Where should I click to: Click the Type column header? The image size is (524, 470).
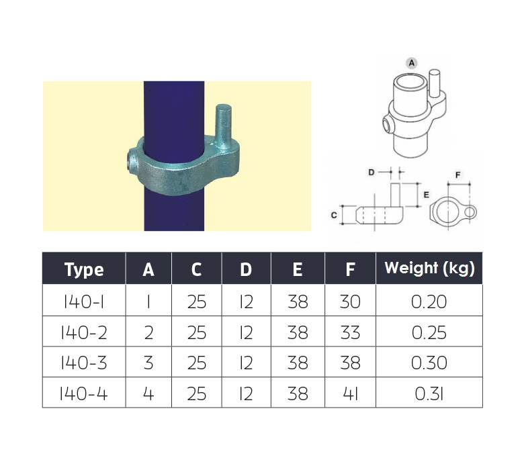[x=84, y=269]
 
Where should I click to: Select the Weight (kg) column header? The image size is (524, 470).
[x=429, y=269]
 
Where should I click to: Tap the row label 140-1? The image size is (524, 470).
[x=83, y=301]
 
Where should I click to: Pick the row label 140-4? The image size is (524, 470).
[x=83, y=393]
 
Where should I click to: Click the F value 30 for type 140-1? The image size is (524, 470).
[x=350, y=301]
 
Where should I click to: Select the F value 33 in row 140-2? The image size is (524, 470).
[x=350, y=332]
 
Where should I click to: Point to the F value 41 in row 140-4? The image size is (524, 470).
[x=351, y=393]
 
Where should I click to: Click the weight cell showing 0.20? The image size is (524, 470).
[x=429, y=301]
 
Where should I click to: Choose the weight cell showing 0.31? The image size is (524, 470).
[x=429, y=393]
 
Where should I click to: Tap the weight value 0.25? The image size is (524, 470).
[x=429, y=332]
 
